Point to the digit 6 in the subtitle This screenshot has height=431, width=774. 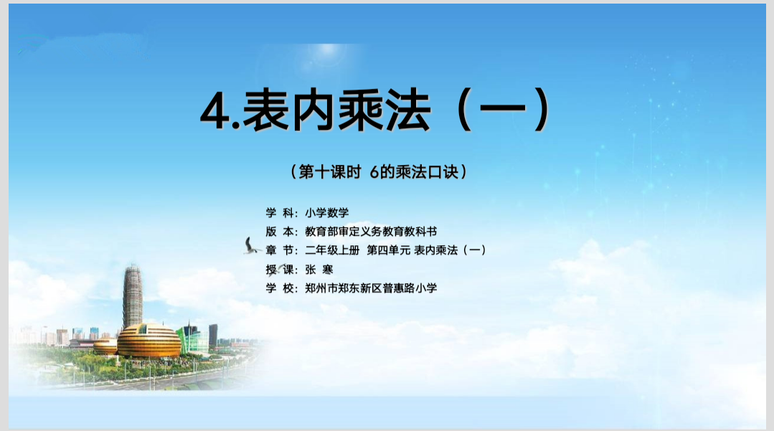[374, 172]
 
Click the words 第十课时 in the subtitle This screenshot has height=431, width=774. [330, 172]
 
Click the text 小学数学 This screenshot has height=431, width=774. [327, 213]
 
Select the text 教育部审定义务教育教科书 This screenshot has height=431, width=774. [371, 232]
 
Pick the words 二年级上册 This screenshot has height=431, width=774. [332, 250]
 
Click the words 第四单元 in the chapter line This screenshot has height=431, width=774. [389, 250]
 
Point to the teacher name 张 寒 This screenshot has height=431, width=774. [319, 270]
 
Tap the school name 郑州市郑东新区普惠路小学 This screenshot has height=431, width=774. [371, 288]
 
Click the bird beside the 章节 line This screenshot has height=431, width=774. [251, 247]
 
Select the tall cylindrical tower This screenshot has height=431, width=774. [133, 295]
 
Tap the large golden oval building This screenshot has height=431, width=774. [148, 341]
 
